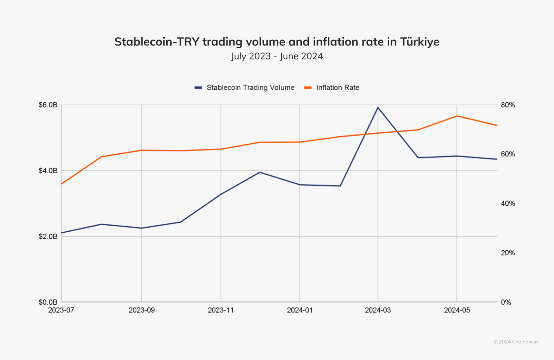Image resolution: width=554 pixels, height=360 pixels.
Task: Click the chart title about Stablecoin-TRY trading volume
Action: click(x=277, y=42)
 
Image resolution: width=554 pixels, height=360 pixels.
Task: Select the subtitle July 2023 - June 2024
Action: click(x=277, y=56)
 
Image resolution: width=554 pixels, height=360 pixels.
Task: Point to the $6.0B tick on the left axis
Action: click(x=48, y=105)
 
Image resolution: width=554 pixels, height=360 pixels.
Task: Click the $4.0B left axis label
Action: click(x=48, y=171)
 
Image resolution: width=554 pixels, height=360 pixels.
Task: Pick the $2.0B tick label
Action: click(x=48, y=236)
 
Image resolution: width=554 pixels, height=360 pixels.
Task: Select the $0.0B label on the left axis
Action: click(x=48, y=302)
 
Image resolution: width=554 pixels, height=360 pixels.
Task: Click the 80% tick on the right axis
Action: click(x=508, y=105)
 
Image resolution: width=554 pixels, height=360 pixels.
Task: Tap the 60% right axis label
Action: click(x=508, y=154)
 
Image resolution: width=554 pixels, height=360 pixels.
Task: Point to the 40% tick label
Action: click(x=508, y=203)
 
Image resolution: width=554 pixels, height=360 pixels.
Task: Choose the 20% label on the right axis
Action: click(x=508, y=253)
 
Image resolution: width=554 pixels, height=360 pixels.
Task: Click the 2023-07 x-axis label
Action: click(x=61, y=310)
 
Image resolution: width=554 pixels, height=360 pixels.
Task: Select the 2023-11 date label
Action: click(x=220, y=310)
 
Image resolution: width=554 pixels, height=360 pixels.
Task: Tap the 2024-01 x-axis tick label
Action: click(x=300, y=310)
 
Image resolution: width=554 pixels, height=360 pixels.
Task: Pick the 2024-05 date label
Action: click(x=457, y=310)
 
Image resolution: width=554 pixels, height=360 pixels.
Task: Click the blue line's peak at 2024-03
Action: click(x=378, y=107)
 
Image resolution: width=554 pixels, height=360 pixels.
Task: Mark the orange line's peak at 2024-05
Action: click(x=457, y=116)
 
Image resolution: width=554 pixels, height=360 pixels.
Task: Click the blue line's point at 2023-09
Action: click(x=141, y=228)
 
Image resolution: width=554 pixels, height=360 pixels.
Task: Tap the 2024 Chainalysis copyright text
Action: click(x=516, y=342)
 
